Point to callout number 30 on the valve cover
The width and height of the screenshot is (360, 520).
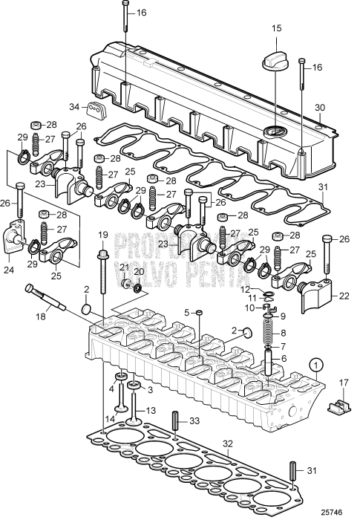[x=320, y=108]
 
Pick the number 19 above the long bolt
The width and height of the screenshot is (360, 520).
[x=103, y=235]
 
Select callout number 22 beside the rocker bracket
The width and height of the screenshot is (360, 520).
[x=343, y=296]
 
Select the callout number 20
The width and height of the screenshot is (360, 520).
[x=139, y=271]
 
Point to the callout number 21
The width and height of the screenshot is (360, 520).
[x=124, y=267]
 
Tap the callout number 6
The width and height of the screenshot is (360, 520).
[x=281, y=357]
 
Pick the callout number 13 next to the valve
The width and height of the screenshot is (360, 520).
[x=151, y=410]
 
